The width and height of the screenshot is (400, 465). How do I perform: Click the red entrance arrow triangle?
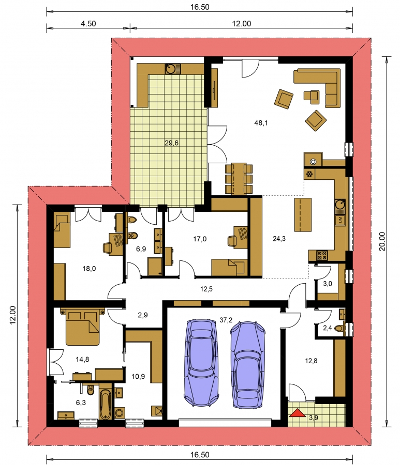298,413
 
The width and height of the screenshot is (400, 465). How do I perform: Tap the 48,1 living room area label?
261,123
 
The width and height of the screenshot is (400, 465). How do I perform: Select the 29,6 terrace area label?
172,143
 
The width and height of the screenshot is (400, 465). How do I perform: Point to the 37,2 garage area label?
226,320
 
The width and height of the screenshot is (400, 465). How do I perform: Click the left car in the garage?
201,362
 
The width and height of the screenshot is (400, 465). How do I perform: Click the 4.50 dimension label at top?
88,24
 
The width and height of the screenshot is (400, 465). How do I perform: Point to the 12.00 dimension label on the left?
12,315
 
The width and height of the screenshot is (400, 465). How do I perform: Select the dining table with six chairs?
239,179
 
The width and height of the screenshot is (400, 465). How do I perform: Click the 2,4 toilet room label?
327,328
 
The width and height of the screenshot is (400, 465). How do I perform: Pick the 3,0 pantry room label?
328,284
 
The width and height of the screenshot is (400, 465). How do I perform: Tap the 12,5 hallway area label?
206,289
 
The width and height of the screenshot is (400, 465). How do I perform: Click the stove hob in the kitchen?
322,255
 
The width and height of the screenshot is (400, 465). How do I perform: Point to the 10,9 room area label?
138,377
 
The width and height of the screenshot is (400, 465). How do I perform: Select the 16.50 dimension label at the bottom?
200,455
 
